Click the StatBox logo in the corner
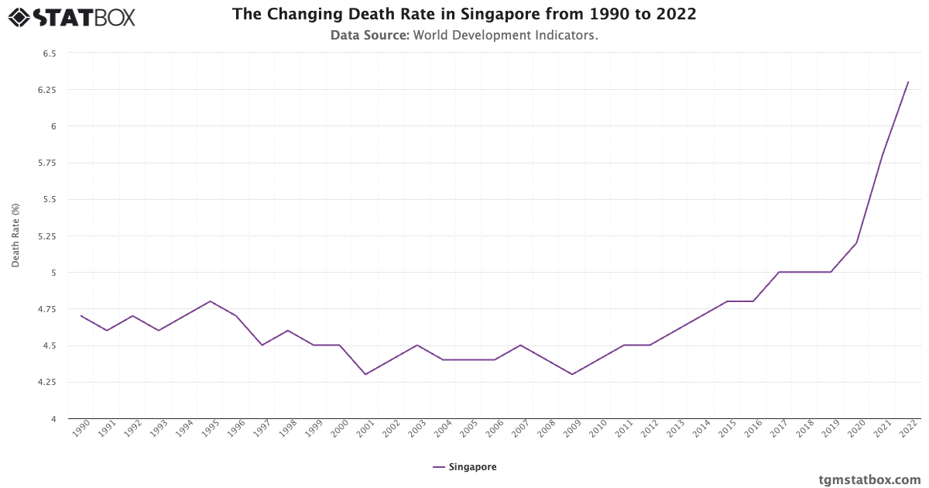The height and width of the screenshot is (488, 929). click(71, 16)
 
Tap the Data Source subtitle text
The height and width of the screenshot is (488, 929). click(464, 35)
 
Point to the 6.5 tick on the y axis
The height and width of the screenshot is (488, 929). click(50, 53)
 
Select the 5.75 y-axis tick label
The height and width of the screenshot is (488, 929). click(47, 163)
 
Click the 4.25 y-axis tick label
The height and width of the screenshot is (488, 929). click(47, 382)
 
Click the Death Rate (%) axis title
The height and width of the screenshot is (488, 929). click(15, 236)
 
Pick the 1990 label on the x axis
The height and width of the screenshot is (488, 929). click(81, 429)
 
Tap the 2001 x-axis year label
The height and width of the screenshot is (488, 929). click(365, 429)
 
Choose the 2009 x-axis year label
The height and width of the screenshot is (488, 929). click(572, 429)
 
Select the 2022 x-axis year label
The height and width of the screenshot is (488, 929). click(907, 429)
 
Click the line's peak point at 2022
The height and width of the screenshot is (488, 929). click(908, 82)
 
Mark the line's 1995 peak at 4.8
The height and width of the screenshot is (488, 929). click(211, 301)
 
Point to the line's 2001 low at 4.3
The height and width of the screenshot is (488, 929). click(365, 374)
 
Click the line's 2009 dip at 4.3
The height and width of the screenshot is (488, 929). click(572, 374)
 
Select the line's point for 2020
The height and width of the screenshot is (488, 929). click(856, 243)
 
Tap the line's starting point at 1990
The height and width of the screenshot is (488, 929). click(81, 316)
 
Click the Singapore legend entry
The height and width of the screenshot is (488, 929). click(464, 467)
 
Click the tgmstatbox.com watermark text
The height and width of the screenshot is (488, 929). click(870, 479)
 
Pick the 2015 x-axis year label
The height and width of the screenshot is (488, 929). click(727, 429)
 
